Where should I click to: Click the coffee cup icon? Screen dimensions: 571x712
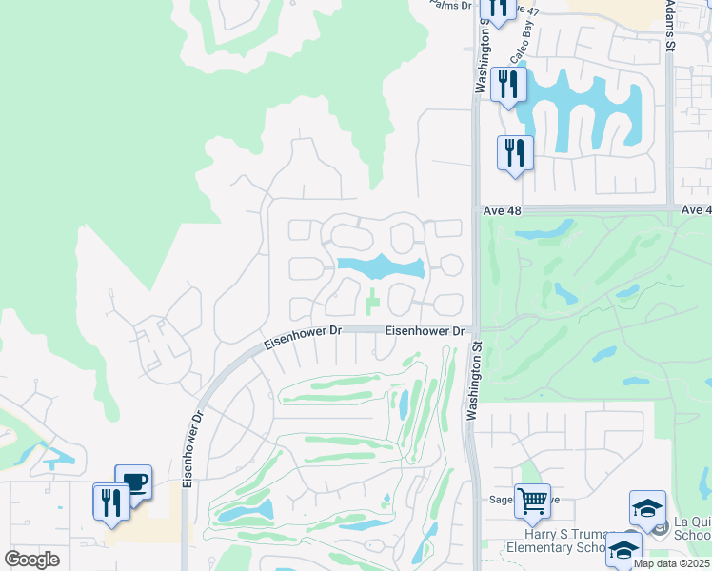(x=133, y=481)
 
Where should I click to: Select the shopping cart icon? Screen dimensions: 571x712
(x=532, y=500)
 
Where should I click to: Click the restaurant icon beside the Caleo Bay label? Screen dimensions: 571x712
(x=509, y=84)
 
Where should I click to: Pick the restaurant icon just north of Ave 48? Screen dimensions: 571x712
(x=515, y=152)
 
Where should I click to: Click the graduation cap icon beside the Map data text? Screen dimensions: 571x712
(x=624, y=549)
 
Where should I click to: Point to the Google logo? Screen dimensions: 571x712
(x=32, y=560)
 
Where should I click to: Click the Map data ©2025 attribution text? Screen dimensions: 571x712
(x=671, y=563)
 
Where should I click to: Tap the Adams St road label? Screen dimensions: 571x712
(x=670, y=24)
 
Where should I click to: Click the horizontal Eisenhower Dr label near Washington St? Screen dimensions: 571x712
(x=425, y=331)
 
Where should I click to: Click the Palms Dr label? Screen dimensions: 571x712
(x=451, y=5)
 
